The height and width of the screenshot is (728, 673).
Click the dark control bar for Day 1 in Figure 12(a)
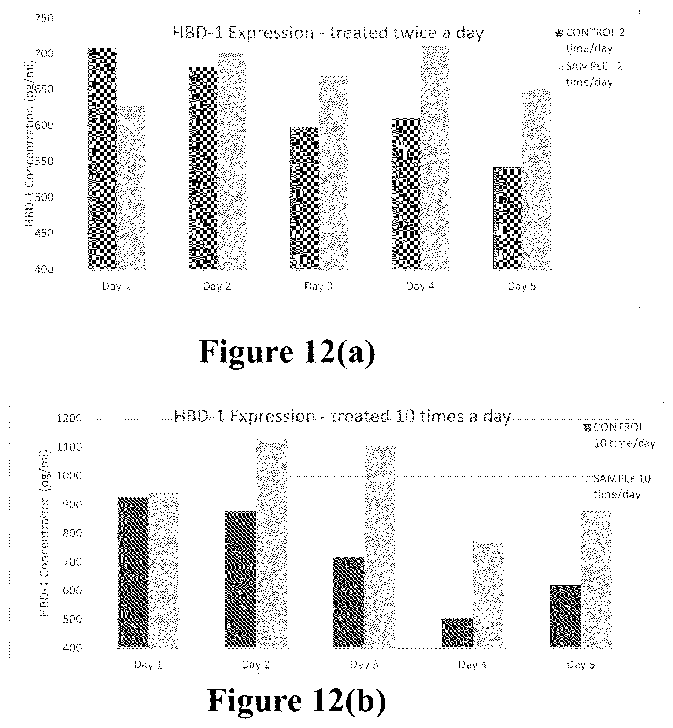click(102, 158)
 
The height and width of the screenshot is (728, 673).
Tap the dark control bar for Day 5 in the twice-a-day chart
click(507, 218)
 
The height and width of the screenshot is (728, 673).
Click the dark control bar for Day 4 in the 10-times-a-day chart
click(457, 633)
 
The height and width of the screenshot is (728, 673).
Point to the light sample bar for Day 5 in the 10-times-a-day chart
click(596, 579)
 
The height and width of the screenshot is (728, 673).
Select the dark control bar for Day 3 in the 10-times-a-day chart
click(349, 602)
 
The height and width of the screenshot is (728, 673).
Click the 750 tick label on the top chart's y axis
click(44, 18)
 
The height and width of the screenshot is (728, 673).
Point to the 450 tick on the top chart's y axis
click(44, 233)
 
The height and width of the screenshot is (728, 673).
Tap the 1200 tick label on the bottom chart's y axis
click(70, 418)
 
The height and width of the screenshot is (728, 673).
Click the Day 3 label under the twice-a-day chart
click(318, 286)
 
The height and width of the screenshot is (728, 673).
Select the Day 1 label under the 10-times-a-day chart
click(148, 665)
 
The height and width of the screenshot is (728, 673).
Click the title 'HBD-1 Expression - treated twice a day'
click(328, 33)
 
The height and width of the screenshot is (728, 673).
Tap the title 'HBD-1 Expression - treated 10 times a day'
click(343, 416)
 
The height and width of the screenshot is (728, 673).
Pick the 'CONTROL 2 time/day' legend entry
click(590, 40)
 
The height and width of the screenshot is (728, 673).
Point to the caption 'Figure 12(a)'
click(287, 352)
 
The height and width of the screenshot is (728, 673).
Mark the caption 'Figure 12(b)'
click(296, 700)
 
